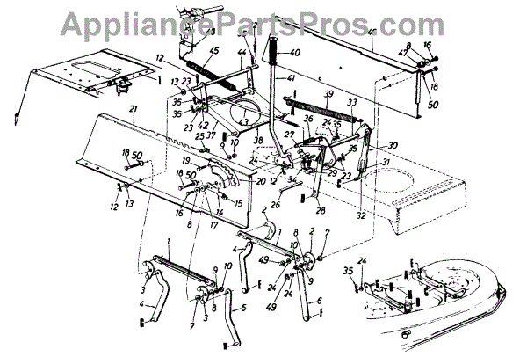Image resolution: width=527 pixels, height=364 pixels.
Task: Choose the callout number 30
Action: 393,146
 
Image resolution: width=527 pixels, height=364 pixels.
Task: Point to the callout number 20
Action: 261,180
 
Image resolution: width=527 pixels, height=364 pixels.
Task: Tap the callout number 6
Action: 319,301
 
